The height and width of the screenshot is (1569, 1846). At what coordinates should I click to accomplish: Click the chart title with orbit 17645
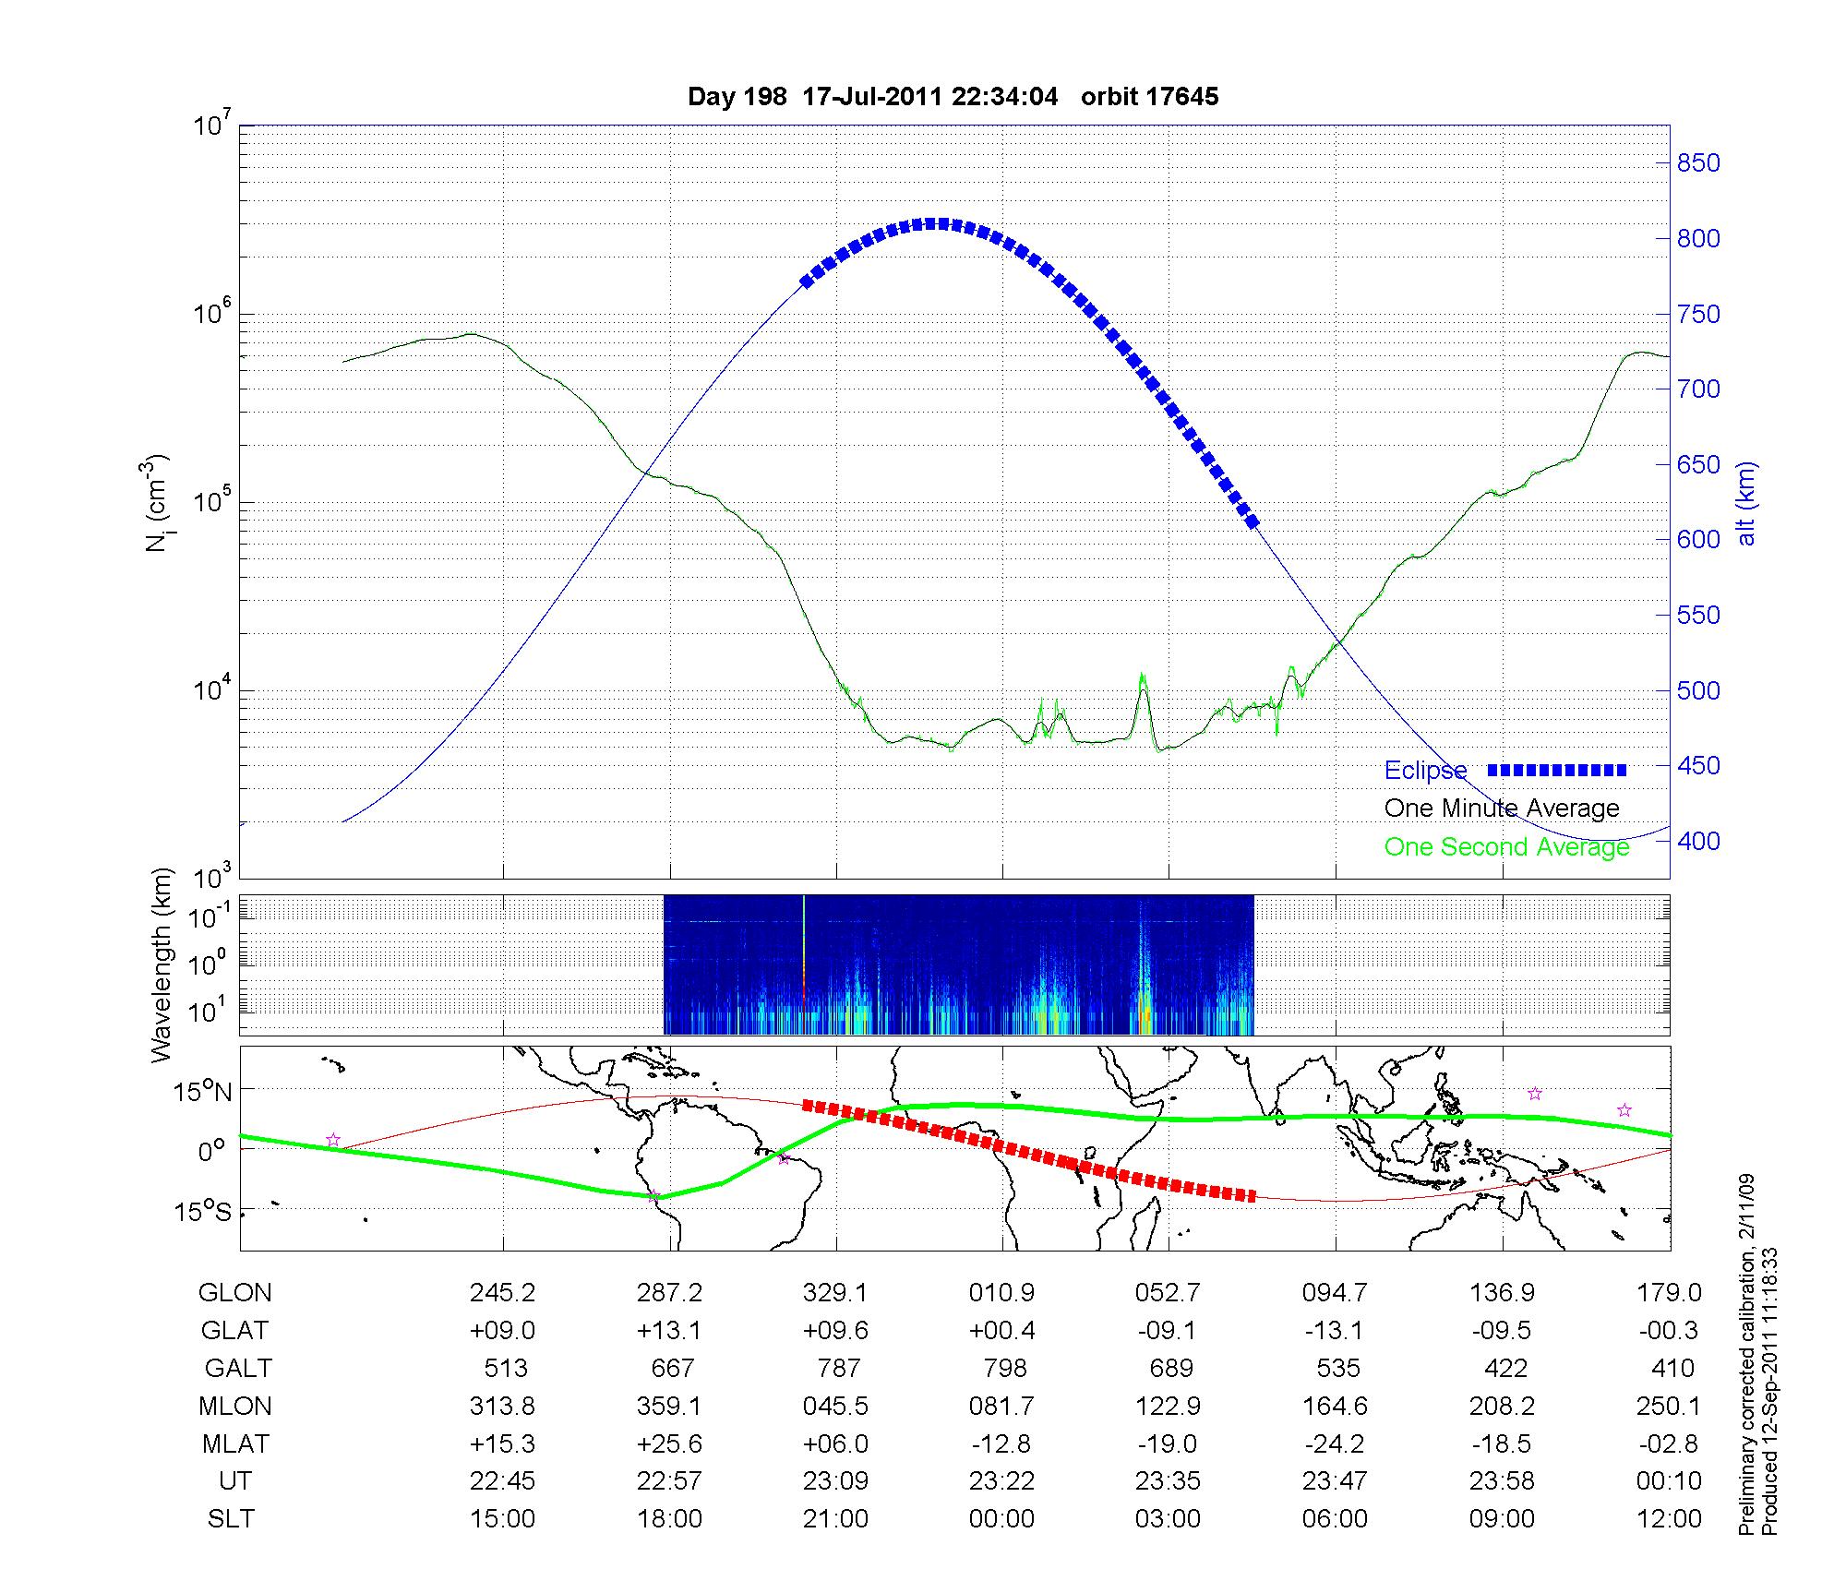(x=953, y=96)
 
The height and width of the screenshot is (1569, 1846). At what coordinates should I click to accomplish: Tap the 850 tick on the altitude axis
(x=1698, y=163)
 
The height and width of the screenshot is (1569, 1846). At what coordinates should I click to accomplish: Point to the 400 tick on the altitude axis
(x=1698, y=841)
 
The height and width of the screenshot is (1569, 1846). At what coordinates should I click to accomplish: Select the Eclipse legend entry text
(x=1425, y=770)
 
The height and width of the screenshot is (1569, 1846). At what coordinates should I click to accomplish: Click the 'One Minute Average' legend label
(x=1502, y=808)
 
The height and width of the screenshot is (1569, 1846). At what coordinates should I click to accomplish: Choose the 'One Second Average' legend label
(x=1506, y=846)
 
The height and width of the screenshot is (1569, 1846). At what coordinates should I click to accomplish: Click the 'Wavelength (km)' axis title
(x=162, y=965)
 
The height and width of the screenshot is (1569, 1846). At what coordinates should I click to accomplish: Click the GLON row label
(x=234, y=1293)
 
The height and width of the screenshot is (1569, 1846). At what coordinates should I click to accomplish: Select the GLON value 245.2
(x=502, y=1293)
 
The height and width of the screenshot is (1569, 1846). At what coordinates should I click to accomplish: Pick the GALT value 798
(x=1004, y=1368)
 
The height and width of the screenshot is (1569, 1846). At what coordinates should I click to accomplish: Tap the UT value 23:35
(x=1169, y=1481)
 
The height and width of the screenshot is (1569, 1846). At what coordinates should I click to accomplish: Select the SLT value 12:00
(x=1669, y=1519)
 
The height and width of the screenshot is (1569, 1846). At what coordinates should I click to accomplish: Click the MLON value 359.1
(x=669, y=1406)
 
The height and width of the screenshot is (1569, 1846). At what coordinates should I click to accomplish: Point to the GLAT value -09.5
(x=1502, y=1331)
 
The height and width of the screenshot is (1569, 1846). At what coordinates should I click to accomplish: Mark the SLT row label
(x=231, y=1519)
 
